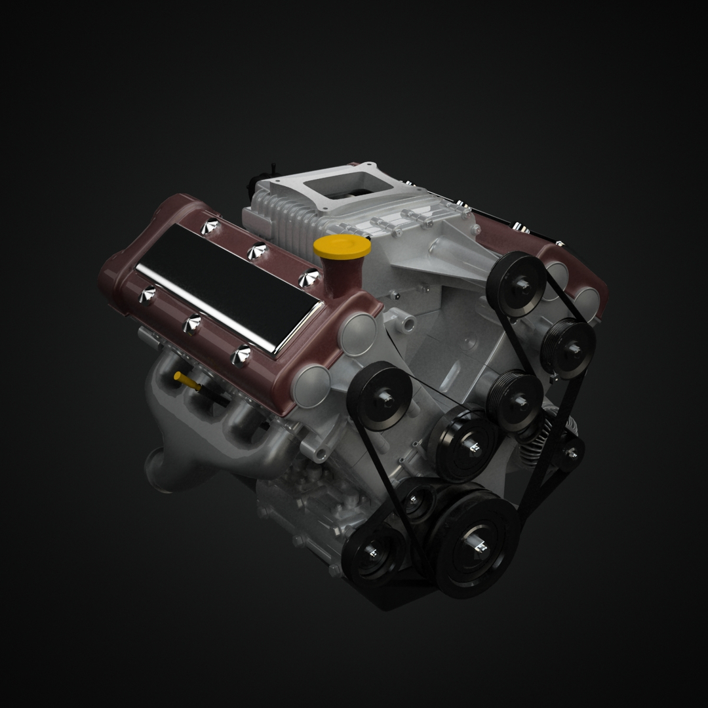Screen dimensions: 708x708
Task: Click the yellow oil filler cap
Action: click(342, 248)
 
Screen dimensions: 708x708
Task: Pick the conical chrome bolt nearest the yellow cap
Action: click(308, 278)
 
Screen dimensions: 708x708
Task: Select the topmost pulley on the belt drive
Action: click(516, 284)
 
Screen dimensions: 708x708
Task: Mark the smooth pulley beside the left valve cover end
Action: click(380, 395)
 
